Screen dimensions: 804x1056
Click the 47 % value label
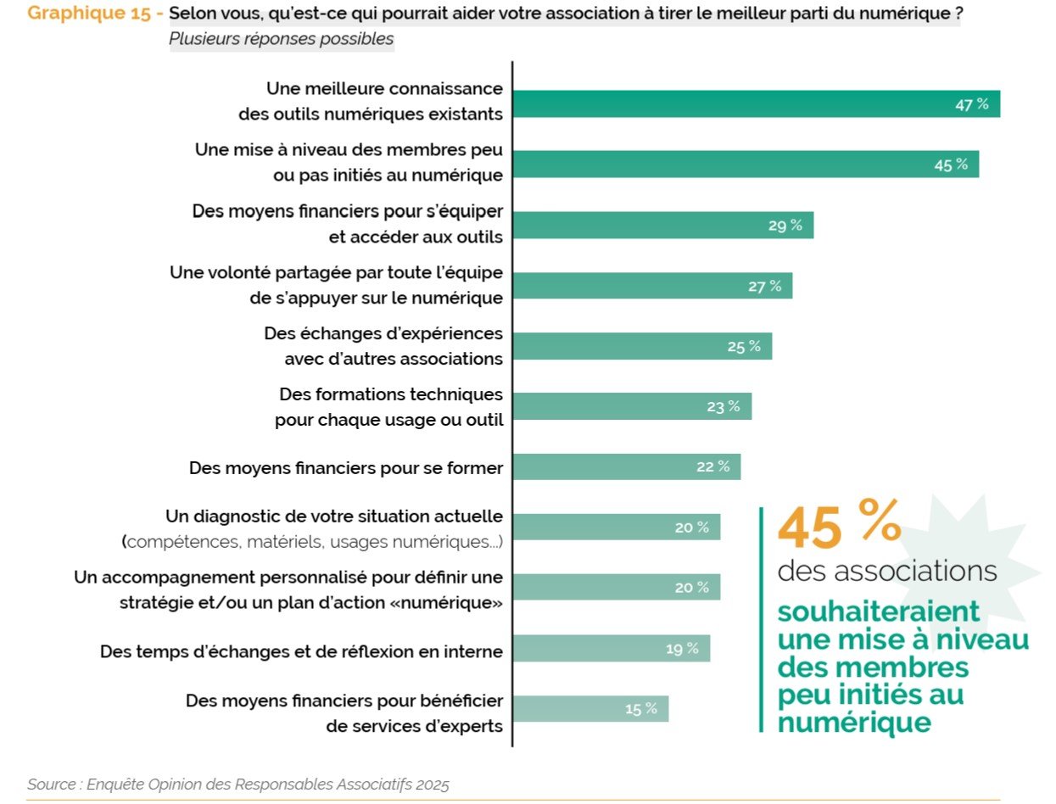click(x=972, y=104)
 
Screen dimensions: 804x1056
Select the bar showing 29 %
click(x=662, y=225)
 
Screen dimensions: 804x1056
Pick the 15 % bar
click(x=589, y=709)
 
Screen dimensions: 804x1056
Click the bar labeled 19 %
click(x=611, y=649)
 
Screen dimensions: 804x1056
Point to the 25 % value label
click(x=744, y=346)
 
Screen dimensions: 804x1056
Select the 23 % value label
click(x=724, y=406)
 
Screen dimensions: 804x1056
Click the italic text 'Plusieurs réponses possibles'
click(x=281, y=39)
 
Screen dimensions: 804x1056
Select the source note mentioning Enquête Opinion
click(x=237, y=784)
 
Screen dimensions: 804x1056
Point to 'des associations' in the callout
click(x=886, y=571)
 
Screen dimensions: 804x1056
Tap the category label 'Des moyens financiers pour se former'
click(x=346, y=467)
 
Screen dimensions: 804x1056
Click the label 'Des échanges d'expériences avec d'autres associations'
click(x=383, y=346)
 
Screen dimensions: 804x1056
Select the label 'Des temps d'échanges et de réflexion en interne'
click(x=301, y=651)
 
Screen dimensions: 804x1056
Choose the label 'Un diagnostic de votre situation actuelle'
click(x=333, y=516)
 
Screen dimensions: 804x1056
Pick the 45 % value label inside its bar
click(x=951, y=165)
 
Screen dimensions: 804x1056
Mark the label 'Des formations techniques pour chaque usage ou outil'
click(x=389, y=407)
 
